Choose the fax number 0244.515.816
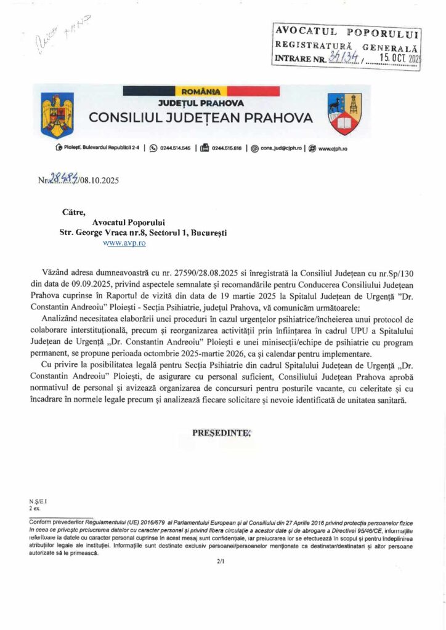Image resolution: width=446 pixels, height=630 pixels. [228, 148]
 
